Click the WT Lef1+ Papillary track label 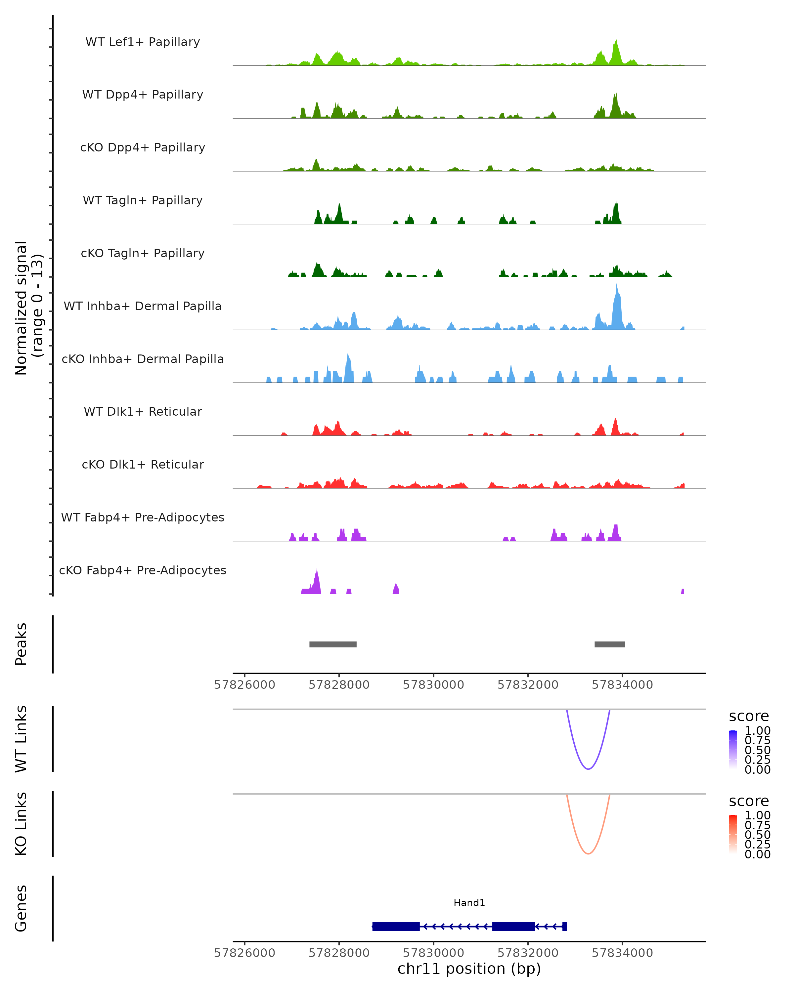point(143,42)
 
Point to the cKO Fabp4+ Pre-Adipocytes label point(143,570)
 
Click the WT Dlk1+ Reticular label point(143,411)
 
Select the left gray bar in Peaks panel point(333,644)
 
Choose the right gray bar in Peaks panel point(609,644)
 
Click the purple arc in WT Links point(588,768)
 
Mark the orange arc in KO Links point(588,853)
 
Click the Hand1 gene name point(469,903)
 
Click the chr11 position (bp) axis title point(469,969)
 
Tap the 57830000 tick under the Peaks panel point(433,685)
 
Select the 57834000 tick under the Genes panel point(622,953)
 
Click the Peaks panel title point(21,644)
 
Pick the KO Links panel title point(21,824)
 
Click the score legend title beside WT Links point(748,716)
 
